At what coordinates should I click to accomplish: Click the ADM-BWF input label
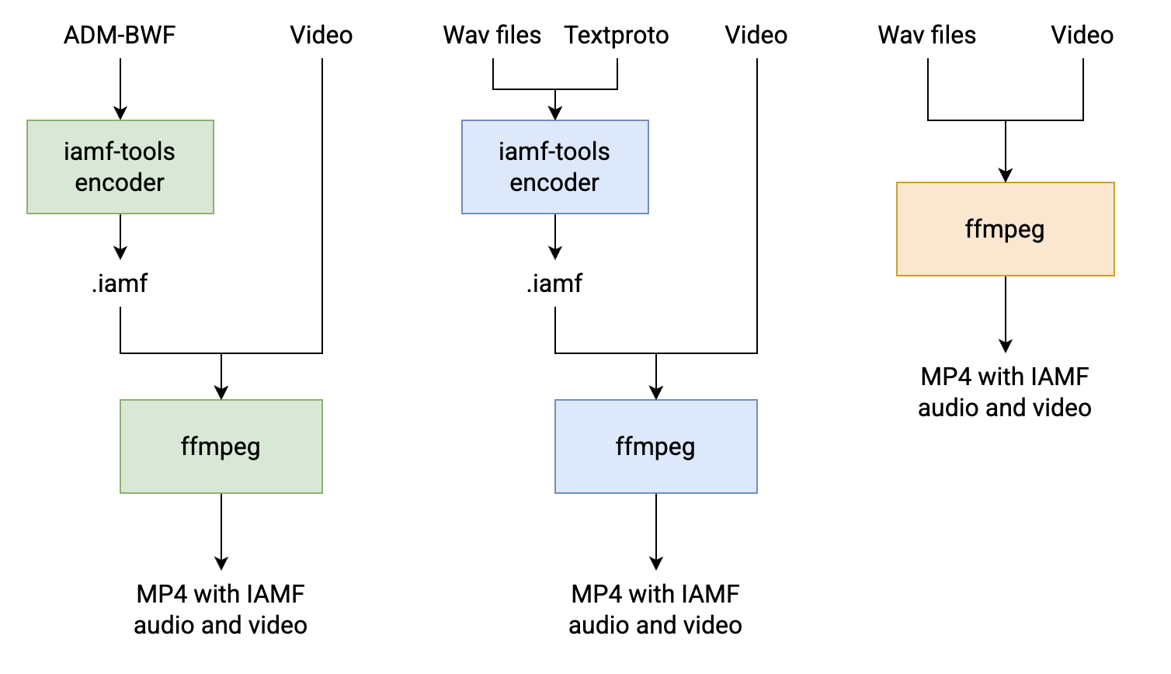(120, 35)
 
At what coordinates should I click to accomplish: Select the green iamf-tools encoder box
(120, 167)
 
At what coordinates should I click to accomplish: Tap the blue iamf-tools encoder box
(555, 167)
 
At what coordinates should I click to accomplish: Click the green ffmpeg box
(221, 446)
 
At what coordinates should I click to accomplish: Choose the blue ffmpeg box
(656, 446)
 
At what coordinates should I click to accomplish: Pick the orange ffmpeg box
(1006, 229)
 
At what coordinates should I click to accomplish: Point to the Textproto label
(617, 35)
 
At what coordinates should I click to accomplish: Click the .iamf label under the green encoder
(120, 283)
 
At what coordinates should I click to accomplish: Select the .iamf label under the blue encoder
(554, 283)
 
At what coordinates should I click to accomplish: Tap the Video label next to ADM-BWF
(321, 35)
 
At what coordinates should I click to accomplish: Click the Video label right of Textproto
(756, 35)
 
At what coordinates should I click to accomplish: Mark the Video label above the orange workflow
(1082, 35)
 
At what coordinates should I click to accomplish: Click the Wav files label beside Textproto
(492, 35)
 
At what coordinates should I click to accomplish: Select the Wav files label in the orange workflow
(927, 35)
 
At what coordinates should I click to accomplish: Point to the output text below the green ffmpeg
(221, 610)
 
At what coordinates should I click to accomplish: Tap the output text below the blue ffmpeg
(655, 610)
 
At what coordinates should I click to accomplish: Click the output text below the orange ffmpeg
(1005, 392)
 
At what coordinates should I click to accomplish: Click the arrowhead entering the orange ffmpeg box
(1006, 175)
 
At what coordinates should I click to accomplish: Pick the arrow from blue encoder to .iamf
(555, 237)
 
